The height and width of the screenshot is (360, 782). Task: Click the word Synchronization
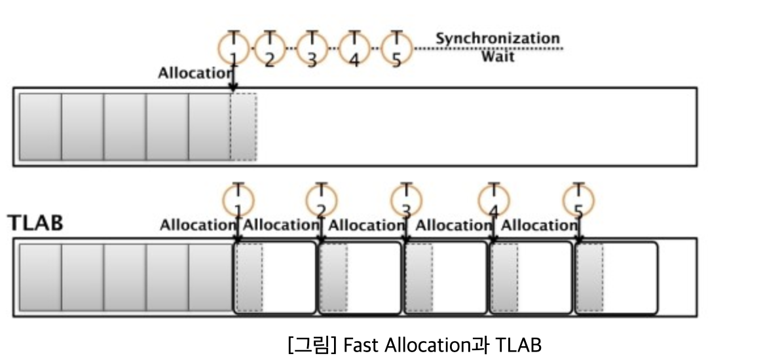pyautogui.click(x=498, y=39)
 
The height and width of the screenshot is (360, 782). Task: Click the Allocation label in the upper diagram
pyautogui.click(x=195, y=73)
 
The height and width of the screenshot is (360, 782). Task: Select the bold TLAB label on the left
pyautogui.click(x=35, y=223)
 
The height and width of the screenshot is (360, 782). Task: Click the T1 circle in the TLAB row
pyautogui.click(x=238, y=200)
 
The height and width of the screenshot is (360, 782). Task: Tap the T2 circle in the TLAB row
pyautogui.click(x=322, y=200)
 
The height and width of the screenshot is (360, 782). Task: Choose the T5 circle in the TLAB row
pyautogui.click(x=578, y=200)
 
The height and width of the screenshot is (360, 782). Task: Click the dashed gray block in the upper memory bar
pyautogui.click(x=244, y=127)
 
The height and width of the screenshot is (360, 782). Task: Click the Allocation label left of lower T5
pyautogui.click(x=538, y=226)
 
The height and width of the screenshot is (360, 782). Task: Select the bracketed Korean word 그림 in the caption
pyautogui.click(x=312, y=344)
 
